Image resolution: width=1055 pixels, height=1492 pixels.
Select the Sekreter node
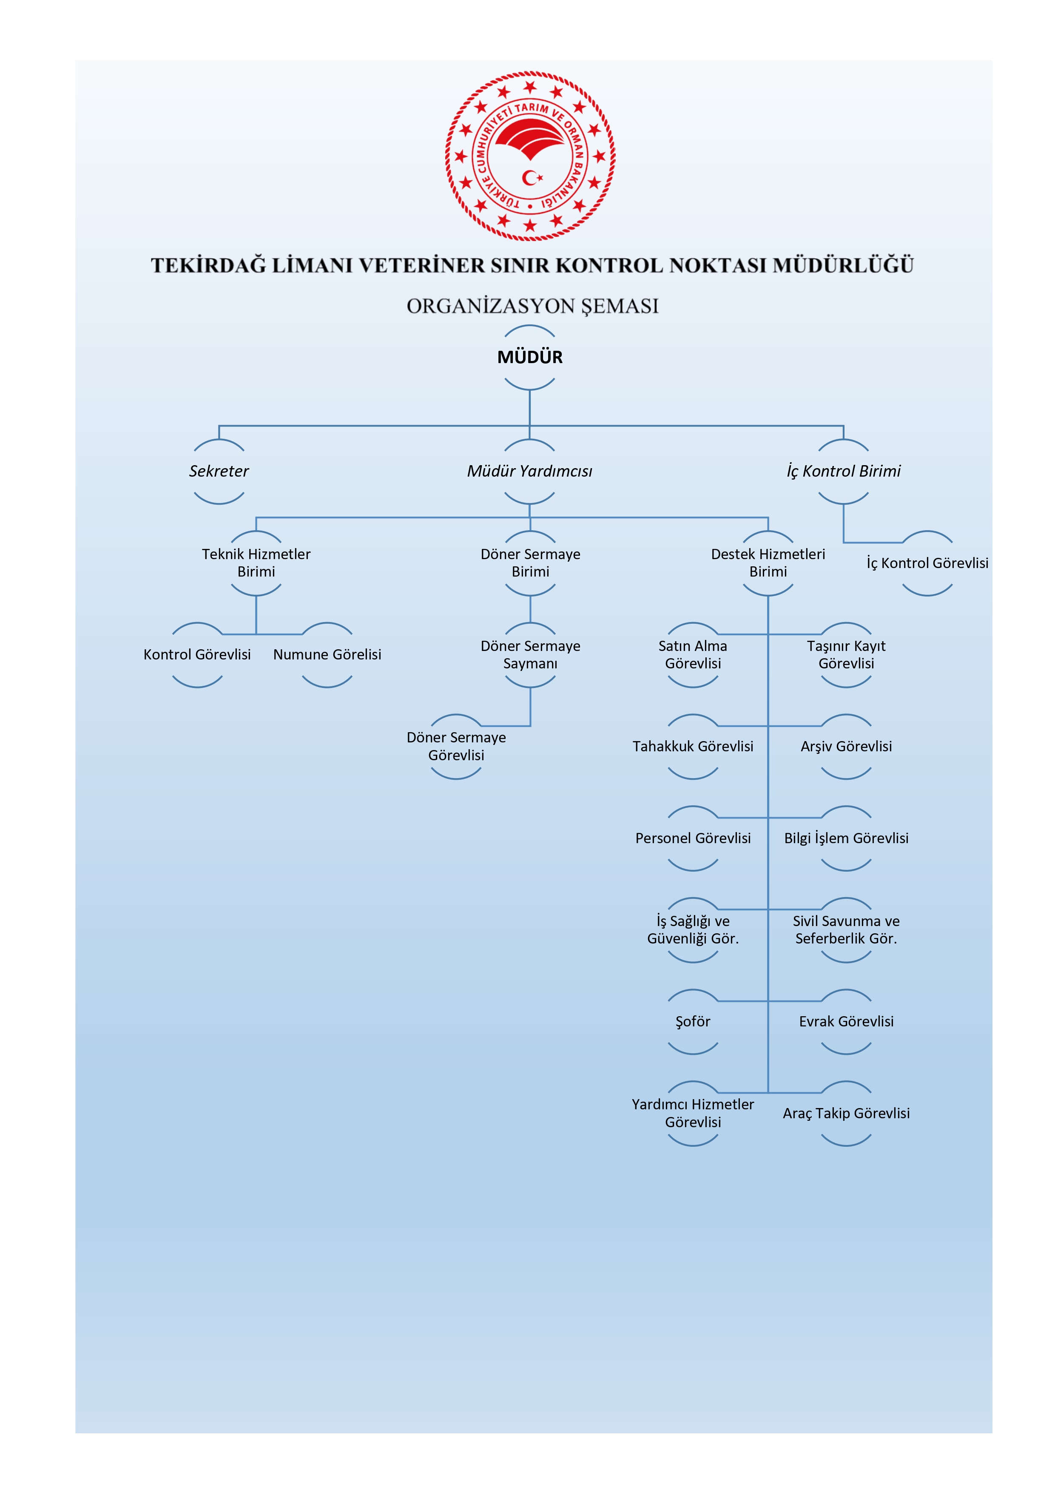pyautogui.click(x=219, y=471)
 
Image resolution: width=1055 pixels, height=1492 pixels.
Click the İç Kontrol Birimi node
pyautogui.click(x=843, y=471)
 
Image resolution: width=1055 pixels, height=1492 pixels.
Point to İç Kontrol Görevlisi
pyautogui.click(x=927, y=563)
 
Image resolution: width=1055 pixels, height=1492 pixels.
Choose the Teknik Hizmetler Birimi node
pyautogui.click(x=256, y=563)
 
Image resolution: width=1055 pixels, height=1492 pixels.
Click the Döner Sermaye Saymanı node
pyautogui.click(x=530, y=654)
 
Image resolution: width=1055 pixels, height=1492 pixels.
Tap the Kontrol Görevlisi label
pyautogui.click(x=197, y=654)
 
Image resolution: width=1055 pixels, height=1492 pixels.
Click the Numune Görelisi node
pyautogui.click(x=327, y=654)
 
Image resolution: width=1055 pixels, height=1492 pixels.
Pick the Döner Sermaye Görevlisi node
pyautogui.click(x=456, y=746)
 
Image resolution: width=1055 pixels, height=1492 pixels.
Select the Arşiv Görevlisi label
pyautogui.click(x=846, y=746)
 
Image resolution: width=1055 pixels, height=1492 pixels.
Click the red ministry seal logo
pyautogui.click(x=530, y=156)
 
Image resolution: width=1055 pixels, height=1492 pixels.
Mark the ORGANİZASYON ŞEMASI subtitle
pyautogui.click(x=532, y=306)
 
